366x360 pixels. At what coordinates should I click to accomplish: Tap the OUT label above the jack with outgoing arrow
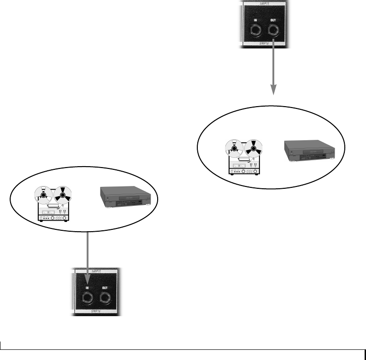(272, 19)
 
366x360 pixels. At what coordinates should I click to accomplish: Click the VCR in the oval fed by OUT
(309, 150)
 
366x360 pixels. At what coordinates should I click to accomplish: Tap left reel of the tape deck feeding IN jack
(42, 194)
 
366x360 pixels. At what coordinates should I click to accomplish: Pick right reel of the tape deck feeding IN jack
(62, 194)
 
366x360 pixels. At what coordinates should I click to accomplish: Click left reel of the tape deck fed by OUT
(233, 148)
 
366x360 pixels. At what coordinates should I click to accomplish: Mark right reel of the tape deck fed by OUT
(253, 148)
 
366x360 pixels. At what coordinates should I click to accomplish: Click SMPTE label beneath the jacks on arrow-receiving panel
(97, 312)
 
